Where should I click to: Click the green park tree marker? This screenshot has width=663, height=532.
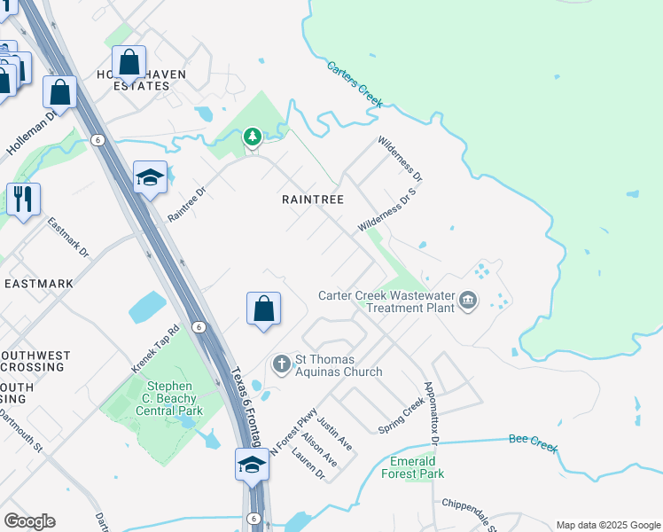253,136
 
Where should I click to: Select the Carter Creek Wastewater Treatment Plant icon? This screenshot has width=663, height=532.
468,301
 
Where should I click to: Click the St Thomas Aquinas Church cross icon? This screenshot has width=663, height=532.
281,364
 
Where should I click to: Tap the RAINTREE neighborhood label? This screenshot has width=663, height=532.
312,199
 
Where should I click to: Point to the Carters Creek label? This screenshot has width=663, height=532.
355,84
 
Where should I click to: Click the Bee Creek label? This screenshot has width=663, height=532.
534,442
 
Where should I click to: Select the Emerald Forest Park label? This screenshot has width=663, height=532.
413,467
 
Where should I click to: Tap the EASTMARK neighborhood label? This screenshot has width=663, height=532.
39,284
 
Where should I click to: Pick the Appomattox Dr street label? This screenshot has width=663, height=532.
431,413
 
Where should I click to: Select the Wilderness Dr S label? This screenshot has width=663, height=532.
386,210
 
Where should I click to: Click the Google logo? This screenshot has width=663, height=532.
29,521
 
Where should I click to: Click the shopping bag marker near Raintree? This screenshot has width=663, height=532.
263,310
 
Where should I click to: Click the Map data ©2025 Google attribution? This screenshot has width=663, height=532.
607,525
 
